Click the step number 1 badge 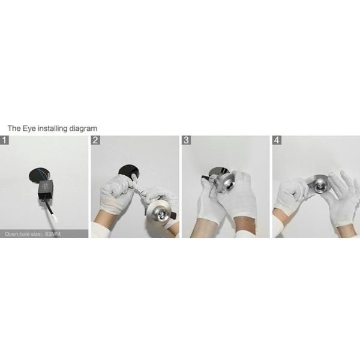coord(4,140)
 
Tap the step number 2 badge coord(95,140)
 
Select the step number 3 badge coord(186,140)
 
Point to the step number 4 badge coord(277,140)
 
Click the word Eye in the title coord(29,128)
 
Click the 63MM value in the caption coord(53,234)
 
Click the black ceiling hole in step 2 coord(129,172)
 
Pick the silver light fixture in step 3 coord(224,181)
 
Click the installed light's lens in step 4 coord(319,187)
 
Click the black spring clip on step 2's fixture coord(174,215)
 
